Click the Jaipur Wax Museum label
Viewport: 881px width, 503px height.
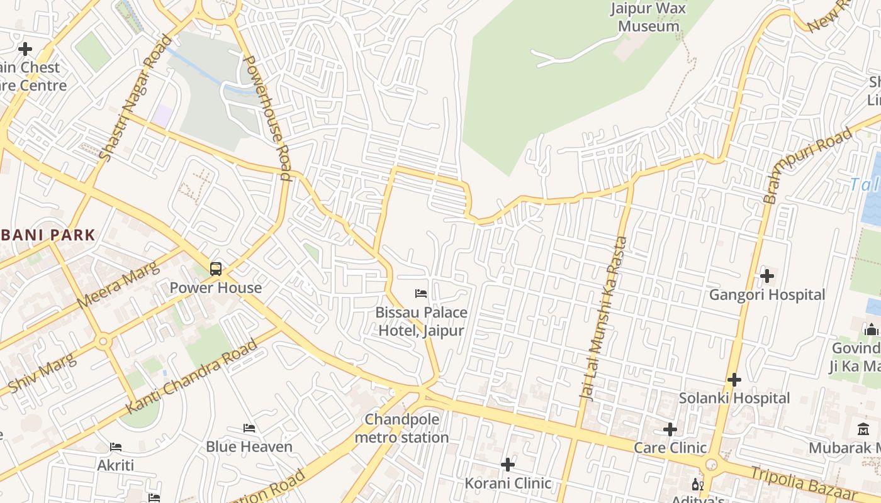(x=648, y=18)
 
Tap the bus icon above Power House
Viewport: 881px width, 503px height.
(x=216, y=269)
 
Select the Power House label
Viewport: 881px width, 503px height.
(x=216, y=288)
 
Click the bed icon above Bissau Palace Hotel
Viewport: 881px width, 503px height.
(x=421, y=294)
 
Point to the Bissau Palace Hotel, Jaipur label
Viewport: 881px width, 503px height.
(x=421, y=321)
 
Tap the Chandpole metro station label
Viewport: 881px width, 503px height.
(x=401, y=428)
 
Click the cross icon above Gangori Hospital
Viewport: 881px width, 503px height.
(x=766, y=275)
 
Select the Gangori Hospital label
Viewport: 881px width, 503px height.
(x=766, y=295)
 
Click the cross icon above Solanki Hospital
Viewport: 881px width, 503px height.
(x=734, y=379)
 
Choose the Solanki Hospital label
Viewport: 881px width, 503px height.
(x=734, y=398)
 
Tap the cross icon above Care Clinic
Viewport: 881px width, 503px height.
(x=670, y=429)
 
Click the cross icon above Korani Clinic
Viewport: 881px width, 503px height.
(x=508, y=464)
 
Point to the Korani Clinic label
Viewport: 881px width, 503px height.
(x=508, y=484)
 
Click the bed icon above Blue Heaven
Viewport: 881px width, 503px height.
(x=249, y=428)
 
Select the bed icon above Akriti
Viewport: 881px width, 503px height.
(x=116, y=447)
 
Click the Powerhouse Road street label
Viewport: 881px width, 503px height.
(x=267, y=118)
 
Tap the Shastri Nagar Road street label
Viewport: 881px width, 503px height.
(x=135, y=98)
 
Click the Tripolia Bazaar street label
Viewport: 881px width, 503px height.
(x=806, y=482)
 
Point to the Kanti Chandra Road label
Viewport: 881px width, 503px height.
(x=192, y=376)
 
